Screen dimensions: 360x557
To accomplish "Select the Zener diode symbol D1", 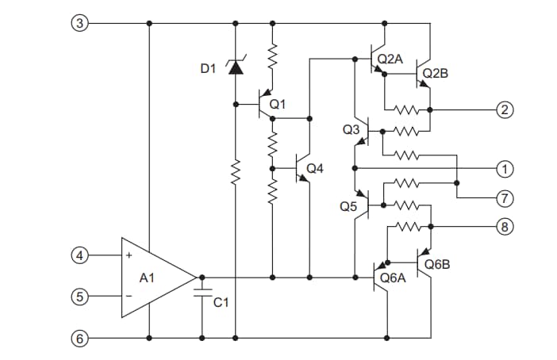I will [235, 68].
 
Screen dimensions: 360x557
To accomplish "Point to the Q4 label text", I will [314, 168].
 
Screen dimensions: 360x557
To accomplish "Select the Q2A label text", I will [390, 59].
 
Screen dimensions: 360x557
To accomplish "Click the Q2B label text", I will [436, 73].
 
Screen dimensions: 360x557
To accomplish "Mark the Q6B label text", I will [437, 264].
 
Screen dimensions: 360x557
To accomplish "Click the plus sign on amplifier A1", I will [128, 256].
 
